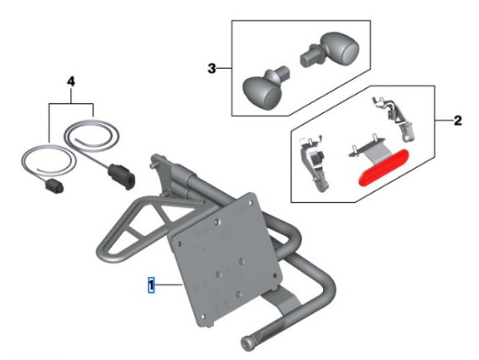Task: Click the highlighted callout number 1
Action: coord(151,284)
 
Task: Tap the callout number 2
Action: coord(458,121)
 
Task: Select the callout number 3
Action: coord(211,68)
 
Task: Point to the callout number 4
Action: coord(70,81)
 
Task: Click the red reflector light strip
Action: coord(383,167)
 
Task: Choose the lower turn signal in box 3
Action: coord(265,86)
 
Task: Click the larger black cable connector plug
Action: coord(122,176)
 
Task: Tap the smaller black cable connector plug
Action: coord(55,186)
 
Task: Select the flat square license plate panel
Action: coord(226,260)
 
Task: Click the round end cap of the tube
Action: coord(247,344)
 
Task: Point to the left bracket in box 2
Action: coord(314,163)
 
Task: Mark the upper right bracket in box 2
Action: coord(394,118)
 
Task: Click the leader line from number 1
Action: coord(169,284)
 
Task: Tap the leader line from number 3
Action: coord(224,68)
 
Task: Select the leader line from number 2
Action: coord(444,121)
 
